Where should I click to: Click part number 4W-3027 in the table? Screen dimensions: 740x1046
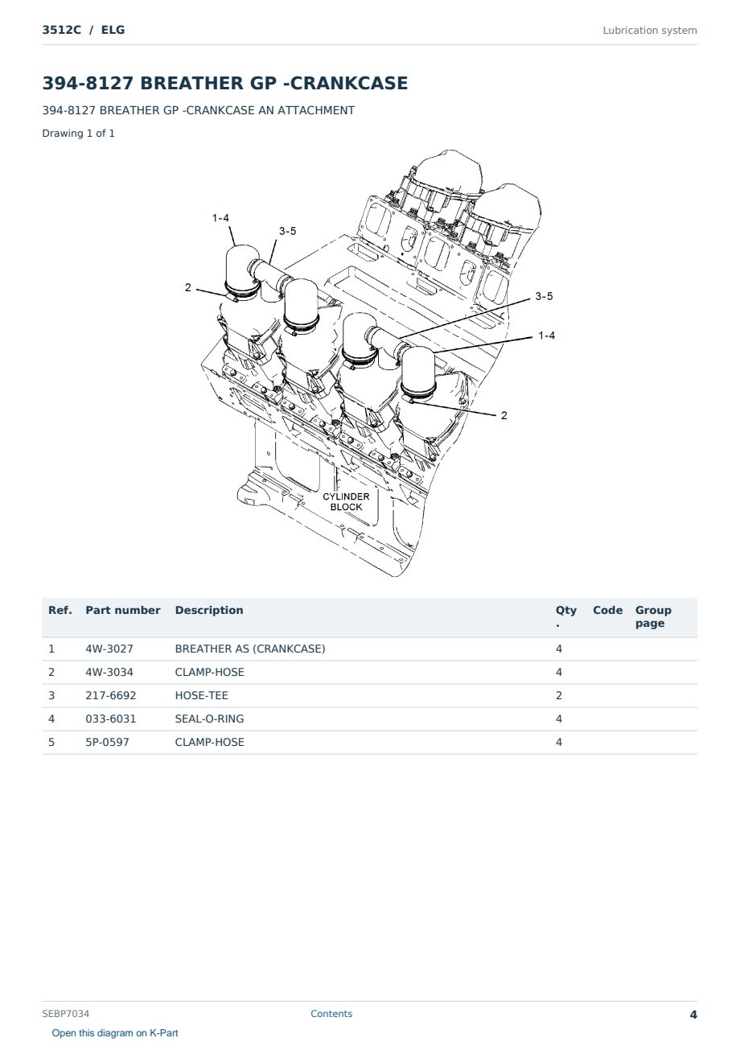click(x=109, y=649)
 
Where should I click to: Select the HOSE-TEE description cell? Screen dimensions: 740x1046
click(x=201, y=695)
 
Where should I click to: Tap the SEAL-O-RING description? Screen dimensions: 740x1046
click(x=209, y=719)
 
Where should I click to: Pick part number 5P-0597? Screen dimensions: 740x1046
click(x=107, y=742)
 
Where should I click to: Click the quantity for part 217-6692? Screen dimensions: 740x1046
click(x=559, y=695)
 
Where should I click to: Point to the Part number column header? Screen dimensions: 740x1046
click(x=123, y=611)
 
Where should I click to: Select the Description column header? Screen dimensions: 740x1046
click(x=209, y=611)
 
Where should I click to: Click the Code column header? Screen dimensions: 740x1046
click(x=607, y=611)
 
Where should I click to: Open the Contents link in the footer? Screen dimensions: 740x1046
click(x=331, y=1014)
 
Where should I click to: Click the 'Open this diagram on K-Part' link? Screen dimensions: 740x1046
click(x=115, y=1033)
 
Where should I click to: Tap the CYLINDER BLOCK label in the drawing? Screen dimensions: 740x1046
click(x=346, y=501)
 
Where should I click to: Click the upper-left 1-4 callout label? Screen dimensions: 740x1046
click(x=220, y=218)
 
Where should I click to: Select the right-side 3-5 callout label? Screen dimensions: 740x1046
click(x=544, y=296)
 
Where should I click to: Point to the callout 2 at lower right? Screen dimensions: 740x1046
click(x=504, y=415)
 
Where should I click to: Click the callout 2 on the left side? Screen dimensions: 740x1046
click(x=187, y=287)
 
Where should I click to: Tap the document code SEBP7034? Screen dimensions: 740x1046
click(x=65, y=1014)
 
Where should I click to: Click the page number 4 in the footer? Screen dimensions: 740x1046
click(x=693, y=1015)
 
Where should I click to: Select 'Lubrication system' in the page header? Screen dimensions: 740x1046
click(x=650, y=31)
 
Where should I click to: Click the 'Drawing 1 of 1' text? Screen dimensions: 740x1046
click(x=79, y=134)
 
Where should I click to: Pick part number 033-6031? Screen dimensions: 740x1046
click(x=111, y=719)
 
